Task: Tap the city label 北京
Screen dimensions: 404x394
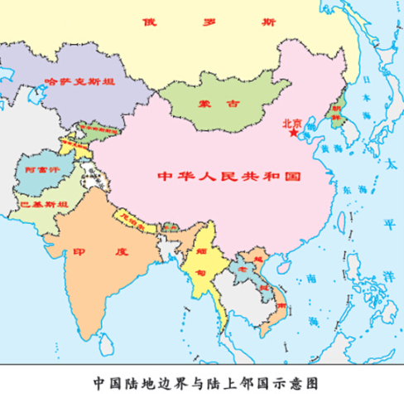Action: pos(291,122)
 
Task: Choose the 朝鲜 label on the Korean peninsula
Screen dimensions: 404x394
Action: pos(337,113)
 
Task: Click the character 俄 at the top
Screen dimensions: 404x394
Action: pos(150,21)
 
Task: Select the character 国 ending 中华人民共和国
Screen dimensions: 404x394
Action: pos(292,178)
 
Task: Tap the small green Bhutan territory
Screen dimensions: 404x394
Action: pos(171,226)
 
